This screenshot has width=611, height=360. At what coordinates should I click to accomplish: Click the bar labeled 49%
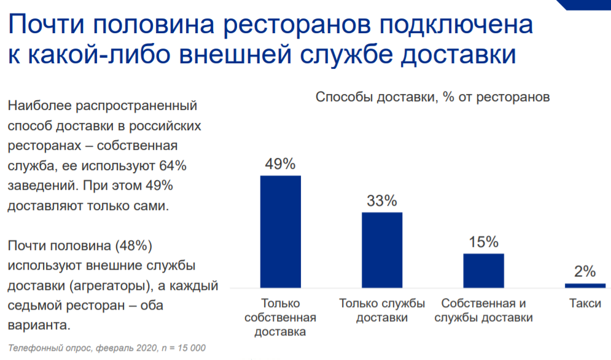click(281, 231)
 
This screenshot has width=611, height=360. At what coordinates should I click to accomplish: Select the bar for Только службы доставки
click(382, 249)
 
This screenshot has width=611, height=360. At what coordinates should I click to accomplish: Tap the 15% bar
click(483, 270)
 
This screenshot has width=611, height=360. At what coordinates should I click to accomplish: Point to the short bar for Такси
click(585, 285)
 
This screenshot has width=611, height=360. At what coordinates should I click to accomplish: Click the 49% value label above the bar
click(281, 164)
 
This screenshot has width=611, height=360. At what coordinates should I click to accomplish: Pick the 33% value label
click(382, 201)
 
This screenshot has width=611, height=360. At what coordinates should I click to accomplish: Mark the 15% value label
click(483, 242)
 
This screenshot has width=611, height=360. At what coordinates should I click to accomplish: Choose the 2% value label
click(585, 272)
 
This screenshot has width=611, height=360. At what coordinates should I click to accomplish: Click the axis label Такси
click(585, 303)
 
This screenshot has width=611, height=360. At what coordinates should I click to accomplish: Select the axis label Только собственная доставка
click(281, 318)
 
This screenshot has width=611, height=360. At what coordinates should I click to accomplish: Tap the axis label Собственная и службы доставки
click(483, 310)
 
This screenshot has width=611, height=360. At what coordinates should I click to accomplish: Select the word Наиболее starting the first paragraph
click(38, 106)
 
